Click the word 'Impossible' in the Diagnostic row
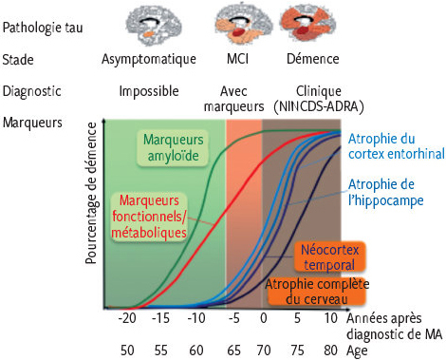click(148, 91)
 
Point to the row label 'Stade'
click(21, 59)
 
